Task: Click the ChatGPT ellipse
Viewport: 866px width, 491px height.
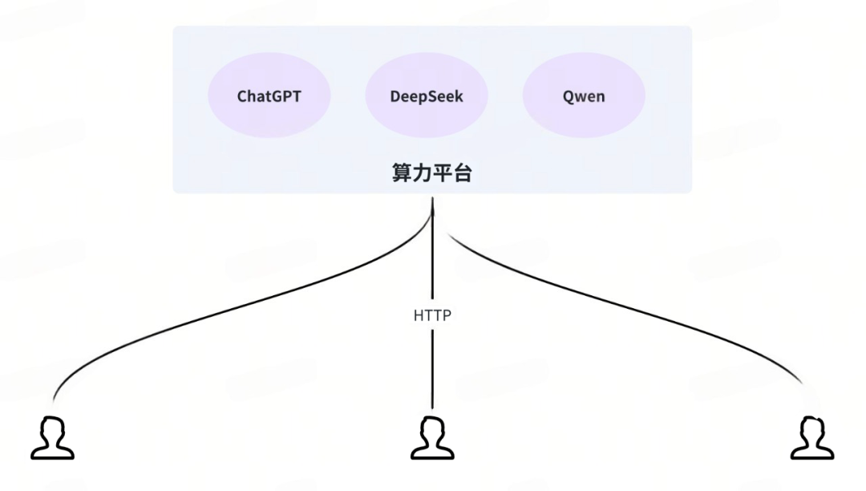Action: coord(269,97)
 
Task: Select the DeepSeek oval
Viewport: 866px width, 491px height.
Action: coord(427,97)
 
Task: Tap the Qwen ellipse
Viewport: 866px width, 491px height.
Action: coord(584,97)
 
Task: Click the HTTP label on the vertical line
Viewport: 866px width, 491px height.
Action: coord(432,315)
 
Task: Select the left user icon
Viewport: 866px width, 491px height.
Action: coord(53,437)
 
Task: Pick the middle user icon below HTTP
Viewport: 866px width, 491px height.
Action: coord(432,437)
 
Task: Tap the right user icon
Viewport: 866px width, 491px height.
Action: coord(812,437)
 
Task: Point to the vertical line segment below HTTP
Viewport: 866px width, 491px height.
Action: coord(433,369)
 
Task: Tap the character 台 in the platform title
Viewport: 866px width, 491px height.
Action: coord(463,172)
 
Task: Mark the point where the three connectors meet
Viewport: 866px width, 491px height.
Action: coord(433,210)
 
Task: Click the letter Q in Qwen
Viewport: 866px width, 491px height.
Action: coord(568,97)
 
